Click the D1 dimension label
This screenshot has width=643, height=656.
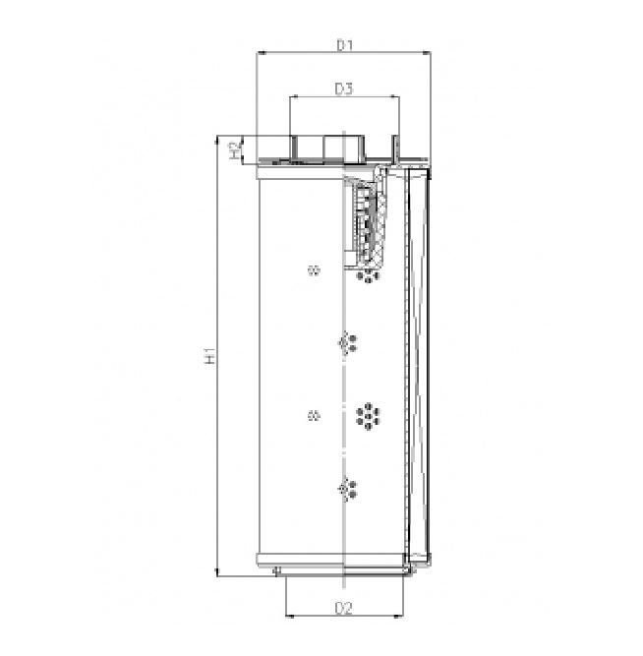click(343, 44)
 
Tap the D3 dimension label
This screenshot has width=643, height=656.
click(343, 89)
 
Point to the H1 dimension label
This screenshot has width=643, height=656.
click(209, 356)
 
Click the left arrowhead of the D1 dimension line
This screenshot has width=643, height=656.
click(259, 55)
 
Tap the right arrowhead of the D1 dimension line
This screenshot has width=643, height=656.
click(428, 55)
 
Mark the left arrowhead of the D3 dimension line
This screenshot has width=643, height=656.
click(293, 98)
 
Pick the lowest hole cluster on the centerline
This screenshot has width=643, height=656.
click(347, 487)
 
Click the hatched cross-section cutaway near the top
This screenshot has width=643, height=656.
click(370, 222)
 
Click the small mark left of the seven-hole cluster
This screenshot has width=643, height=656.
click(314, 416)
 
